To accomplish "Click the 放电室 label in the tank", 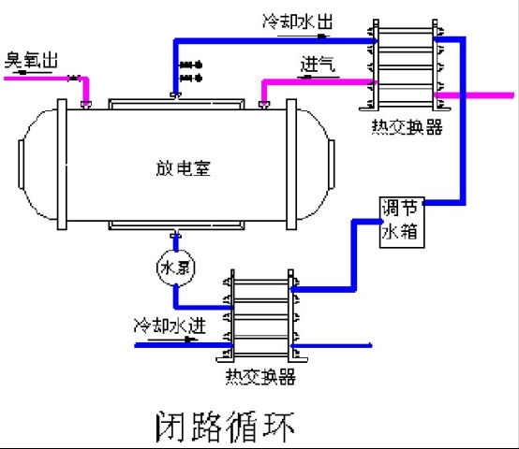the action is [183, 168].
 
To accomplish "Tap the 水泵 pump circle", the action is [176, 268].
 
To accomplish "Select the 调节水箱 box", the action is [402, 222].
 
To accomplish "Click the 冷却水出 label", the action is [297, 22].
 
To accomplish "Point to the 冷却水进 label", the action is [170, 326].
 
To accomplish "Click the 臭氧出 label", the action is [31, 60].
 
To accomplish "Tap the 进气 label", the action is [318, 65].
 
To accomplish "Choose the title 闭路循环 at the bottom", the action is [225, 427].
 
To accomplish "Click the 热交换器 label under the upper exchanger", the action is [407, 126].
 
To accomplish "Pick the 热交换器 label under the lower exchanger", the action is [260, 377].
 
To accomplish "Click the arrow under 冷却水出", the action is [304, 36].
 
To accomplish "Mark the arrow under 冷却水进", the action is [172, 340].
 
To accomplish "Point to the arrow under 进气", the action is [319, 78].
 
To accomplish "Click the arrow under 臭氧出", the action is [30, 72].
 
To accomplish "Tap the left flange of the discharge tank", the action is [62, 165].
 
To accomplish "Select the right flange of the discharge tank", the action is [291, 165].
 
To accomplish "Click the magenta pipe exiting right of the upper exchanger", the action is [474, 95].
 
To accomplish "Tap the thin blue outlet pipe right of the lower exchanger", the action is [332, 346].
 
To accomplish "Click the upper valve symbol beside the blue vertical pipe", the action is [191, 65].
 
